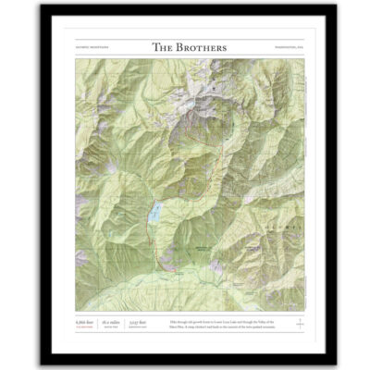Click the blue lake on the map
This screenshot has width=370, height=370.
[156, 213]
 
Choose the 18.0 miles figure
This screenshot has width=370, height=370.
[110, 321]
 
